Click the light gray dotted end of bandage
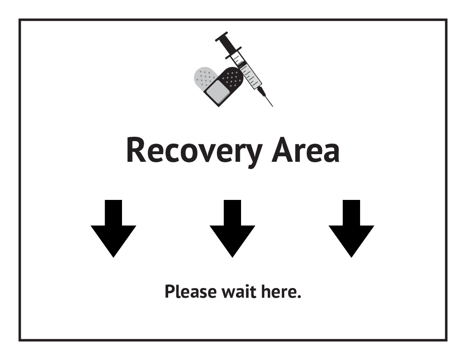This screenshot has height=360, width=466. point(203,76)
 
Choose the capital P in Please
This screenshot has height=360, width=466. point(169,292)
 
